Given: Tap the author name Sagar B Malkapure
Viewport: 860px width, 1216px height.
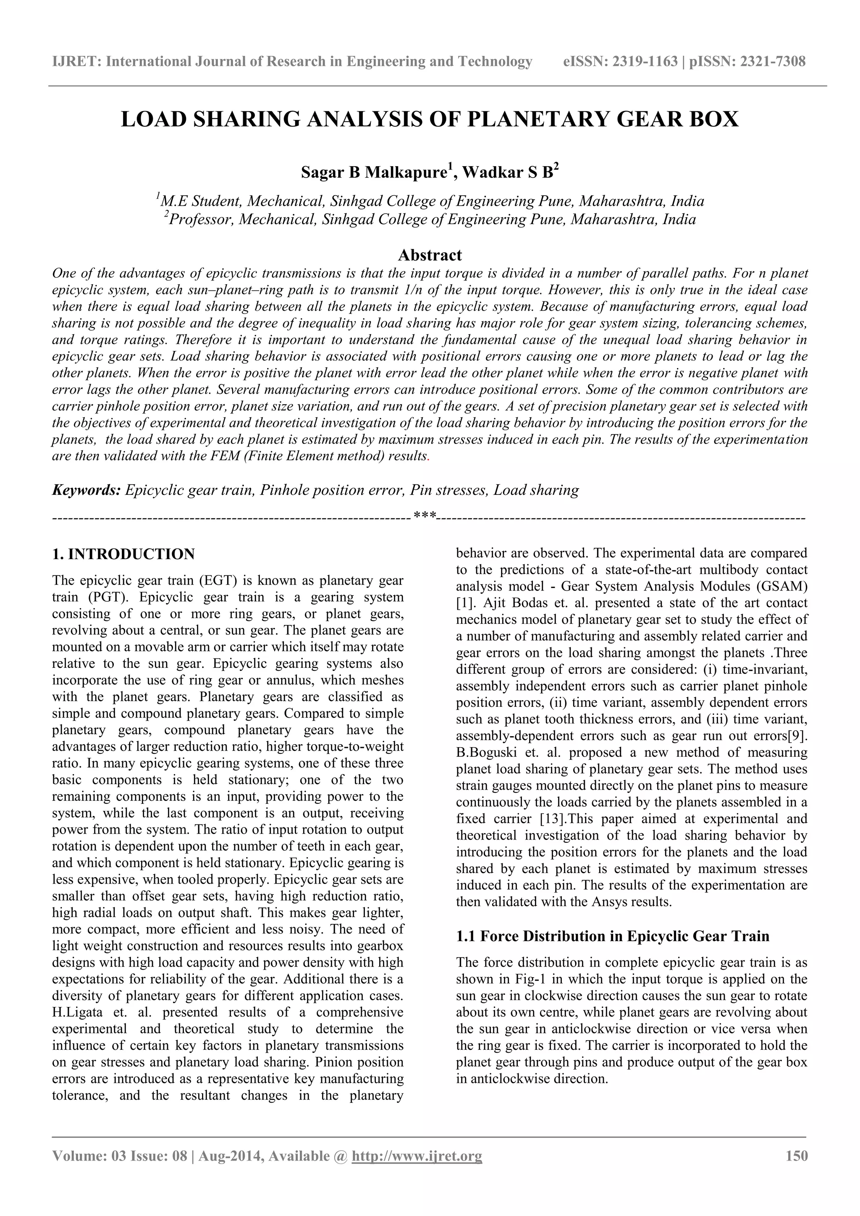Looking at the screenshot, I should pyautogui.click(x=374, y=173).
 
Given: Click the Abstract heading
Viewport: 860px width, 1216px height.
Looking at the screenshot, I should pyautogui.click(x=430, y=255).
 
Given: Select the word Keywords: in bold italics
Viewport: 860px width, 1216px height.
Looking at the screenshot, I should pyautogui.click(x=87, y=490).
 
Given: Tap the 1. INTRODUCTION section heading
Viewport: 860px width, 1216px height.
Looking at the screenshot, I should pyautogui.click(x=123, y=554).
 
